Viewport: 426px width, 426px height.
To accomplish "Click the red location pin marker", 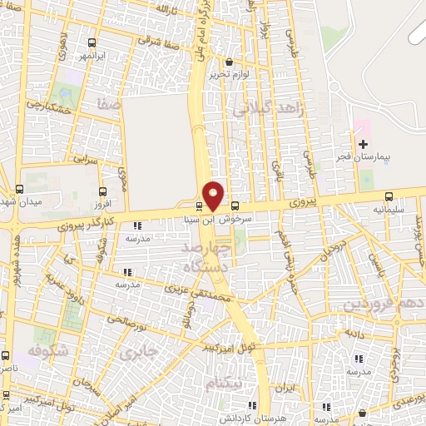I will [214, 196].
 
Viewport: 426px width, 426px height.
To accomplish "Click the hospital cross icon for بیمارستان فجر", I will [363, 144].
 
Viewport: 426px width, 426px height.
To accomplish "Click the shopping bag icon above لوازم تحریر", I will [230, 61].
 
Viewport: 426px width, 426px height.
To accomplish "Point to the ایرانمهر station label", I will [90, 56].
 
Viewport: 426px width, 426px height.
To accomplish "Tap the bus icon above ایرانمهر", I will [90, 43].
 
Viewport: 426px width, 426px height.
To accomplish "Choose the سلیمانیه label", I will [389, 210].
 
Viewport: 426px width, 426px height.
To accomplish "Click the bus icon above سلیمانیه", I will [389, 197].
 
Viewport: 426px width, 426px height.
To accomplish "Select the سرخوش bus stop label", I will [235, 220].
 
